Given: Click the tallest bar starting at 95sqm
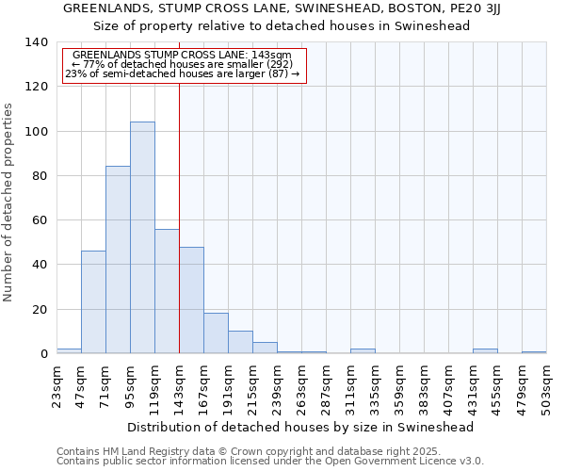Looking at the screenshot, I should click(x=142, y=237).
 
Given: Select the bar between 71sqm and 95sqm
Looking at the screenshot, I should click(x=118, y=260).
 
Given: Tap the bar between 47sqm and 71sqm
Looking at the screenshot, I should click(x=93, y=301).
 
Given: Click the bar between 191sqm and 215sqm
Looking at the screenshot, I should click(x=240, y=342).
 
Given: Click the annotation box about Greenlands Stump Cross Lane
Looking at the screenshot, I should click(x=185, y=65).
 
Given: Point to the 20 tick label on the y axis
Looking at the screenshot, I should click(x=39, y=310).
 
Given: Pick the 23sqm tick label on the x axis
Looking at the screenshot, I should click(x=56, y=382).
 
